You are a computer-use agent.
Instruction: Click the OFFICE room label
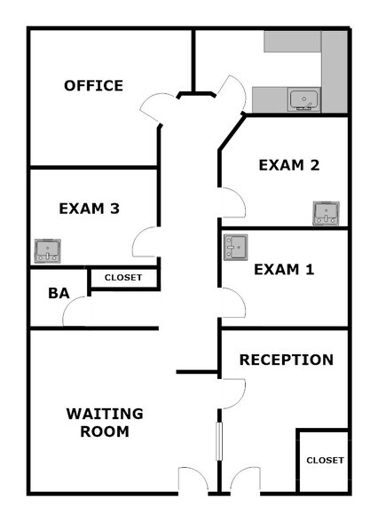93,85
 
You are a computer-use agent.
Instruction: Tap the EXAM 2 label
289,165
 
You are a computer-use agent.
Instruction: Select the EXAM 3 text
89,209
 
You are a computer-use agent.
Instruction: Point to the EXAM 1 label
284,269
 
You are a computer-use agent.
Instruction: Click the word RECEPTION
287,360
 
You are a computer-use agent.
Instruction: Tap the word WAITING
105,414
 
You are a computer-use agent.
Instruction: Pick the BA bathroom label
59,293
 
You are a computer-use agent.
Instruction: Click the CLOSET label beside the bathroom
123,277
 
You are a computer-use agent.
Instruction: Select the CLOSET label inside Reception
325,460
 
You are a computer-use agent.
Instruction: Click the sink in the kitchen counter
303,99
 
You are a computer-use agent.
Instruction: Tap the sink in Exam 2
327,213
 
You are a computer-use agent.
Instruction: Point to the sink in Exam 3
48,250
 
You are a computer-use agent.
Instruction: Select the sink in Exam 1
236,247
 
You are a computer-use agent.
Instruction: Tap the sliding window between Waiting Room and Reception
219,441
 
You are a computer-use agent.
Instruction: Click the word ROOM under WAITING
105,431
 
